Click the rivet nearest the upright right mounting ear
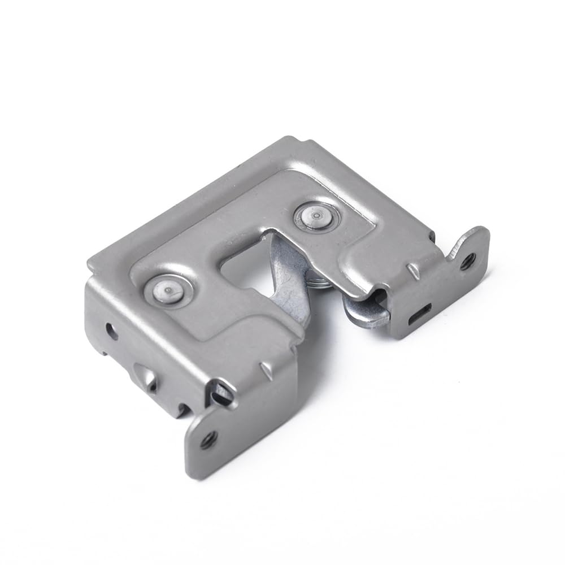(315, 216)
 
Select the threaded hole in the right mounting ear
(467, 261)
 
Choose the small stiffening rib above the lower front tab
(264, 370)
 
